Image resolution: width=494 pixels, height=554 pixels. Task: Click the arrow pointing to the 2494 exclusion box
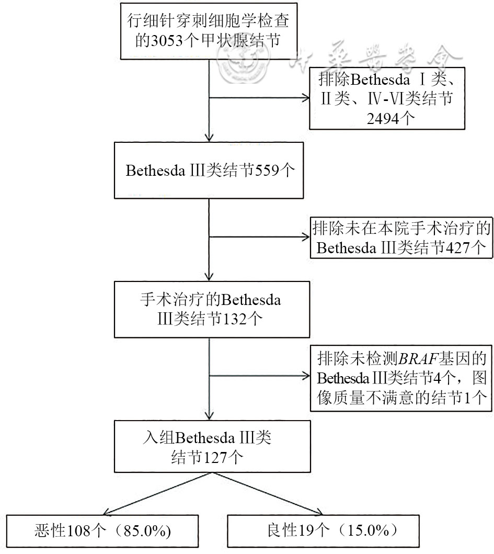tap(304, 97)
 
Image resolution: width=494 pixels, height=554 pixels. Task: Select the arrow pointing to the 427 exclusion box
tap(304, 236)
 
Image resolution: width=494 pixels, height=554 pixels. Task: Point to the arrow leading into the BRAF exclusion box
tap(304, 376)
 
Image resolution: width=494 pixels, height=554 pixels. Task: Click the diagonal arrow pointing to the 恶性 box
tap(107, 511)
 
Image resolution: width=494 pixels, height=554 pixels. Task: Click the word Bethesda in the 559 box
tap(152, 172)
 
